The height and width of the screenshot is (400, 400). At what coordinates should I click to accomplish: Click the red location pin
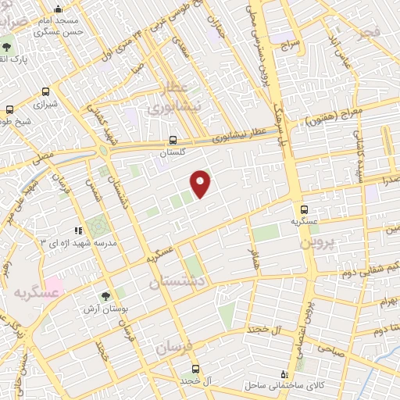[202, 183]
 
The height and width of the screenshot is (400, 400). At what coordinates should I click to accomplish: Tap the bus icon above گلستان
[173, 141]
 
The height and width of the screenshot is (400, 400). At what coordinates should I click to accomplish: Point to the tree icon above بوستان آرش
[105, 296]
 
